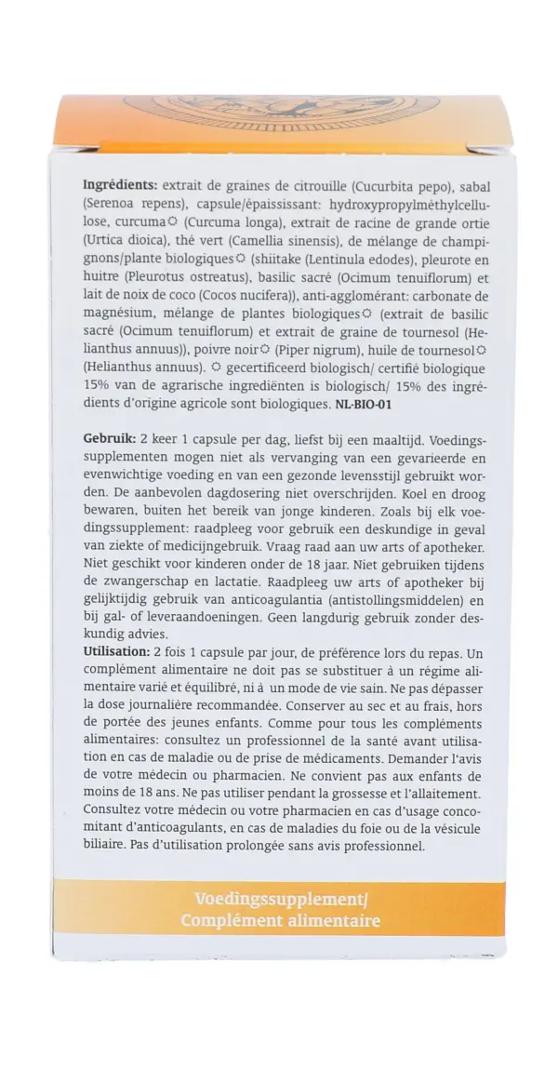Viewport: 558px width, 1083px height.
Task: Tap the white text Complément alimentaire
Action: pos(280,921)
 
